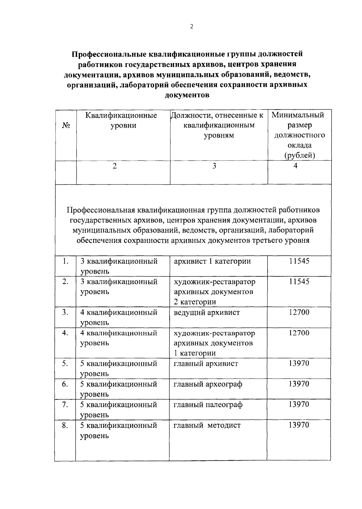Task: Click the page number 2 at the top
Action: coord(192,27)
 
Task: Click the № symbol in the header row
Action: coord(66,125)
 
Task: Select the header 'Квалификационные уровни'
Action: coord(121,120)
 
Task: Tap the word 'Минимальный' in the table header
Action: coord(298,115)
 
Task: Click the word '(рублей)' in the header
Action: coord(299,156)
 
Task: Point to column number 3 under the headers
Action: coord(214,166)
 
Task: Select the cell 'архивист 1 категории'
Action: coord(212,261)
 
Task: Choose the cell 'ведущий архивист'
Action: coord(207,313)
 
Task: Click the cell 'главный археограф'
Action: coord(208,384)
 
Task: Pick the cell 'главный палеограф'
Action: coord(208,405)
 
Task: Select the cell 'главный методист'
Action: coord(207,425)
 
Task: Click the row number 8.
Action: coord(65,425)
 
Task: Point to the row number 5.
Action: coord(65,364)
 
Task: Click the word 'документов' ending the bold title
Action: coord(187,95)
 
